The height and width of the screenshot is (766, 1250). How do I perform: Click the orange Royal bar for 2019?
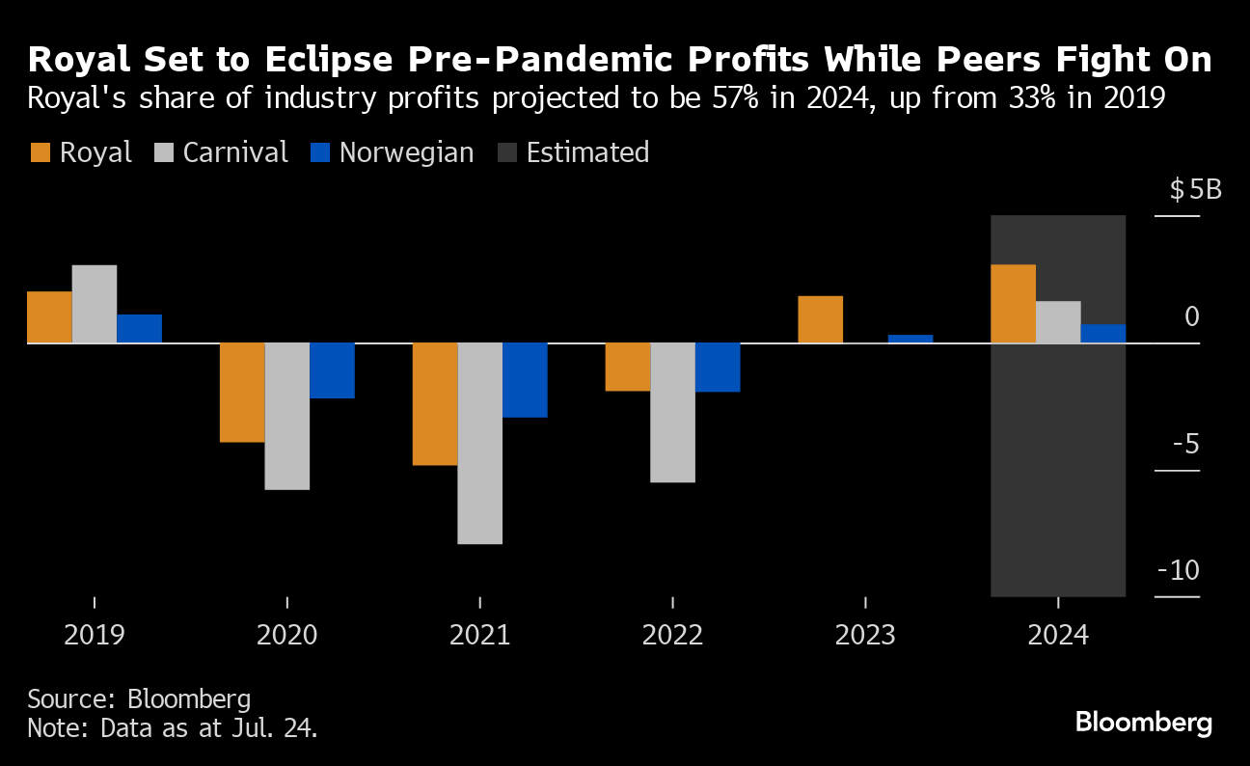click(49, 316)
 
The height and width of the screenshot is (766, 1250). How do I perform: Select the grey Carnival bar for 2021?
click(480, 443)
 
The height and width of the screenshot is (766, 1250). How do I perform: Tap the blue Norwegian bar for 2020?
click(332, 370)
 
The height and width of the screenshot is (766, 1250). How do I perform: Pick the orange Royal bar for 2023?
click(821, 319)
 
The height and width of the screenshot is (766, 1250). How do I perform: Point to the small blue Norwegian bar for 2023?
click(910, 339)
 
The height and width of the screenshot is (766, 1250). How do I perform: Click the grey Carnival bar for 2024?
click(1058, 322)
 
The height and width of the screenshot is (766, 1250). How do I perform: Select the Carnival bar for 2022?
click(673, 412)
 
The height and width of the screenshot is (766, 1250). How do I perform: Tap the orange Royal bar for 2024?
click(1013, 304)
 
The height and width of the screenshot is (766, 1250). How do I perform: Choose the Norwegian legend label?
click(406, 152)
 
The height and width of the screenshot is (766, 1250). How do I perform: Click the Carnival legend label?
click(235, 152)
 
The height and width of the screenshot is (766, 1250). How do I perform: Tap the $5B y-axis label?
click(1195, 189)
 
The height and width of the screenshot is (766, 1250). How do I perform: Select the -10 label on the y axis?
click(1179, 570)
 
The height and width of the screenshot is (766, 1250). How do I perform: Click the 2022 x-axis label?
click(672, 636)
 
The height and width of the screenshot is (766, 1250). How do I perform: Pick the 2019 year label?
click(95, 636)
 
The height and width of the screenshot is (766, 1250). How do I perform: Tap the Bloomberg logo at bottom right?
click(1143, 722)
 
